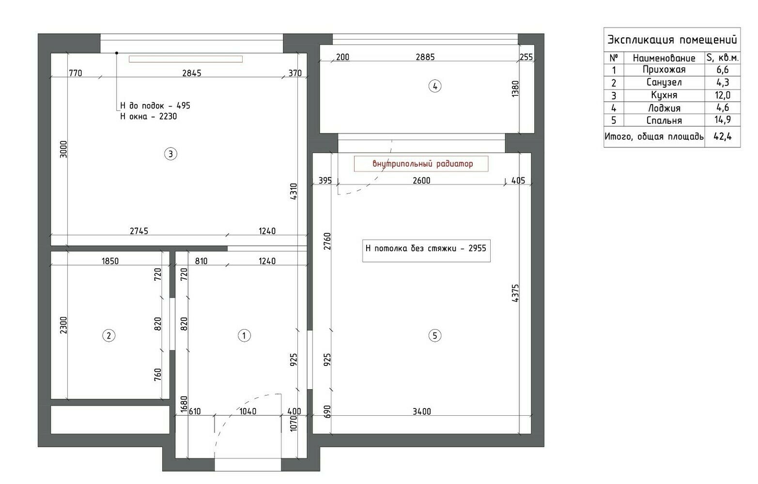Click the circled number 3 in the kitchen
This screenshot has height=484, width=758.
pyautogui.click(x=170, y=154)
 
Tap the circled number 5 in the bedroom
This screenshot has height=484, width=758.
pyautogui.click(x=435, y=336)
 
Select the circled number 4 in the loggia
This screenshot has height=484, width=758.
pyautogui.click(x=435, y=86)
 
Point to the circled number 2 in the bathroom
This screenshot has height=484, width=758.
pyautogui.click(x=108, y=336)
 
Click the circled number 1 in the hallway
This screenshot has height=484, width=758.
pyautogui.click(x=244, y=336)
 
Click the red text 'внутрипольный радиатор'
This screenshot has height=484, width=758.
pyautogui.click(x=423, y=164)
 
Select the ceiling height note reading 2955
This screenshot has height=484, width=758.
pyautogui.click(x=426, y=249)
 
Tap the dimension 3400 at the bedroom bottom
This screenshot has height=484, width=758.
pyautogui.click(x=422, y=411)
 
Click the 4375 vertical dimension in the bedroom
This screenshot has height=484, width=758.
pyautogui.click(x=515, y=293)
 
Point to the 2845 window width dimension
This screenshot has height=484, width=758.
pyautogui.click(x=191, y=73)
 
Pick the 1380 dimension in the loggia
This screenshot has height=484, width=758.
pyautogui.click(x=515, y=89)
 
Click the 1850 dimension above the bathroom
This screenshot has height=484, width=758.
pyautogui.click(x=110, y=261)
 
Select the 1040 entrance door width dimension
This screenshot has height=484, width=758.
pyautogui.click(x=248, y=411)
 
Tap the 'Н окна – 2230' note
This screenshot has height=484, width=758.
pyautogui.click(x=149, y=117)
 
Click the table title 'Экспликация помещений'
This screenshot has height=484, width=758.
pyautogui.click(x=672, y=40)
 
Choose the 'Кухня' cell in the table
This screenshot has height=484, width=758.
pyautogui.click(x=664, y=95)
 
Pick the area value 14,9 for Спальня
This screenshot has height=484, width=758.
pyautogui.click(x=723, y=120)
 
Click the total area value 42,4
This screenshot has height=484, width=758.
pyautogui.click(x=723, y=136)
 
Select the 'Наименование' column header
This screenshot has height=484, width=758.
pyautogui.click(x=664, y=58)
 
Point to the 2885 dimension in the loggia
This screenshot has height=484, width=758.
pyautogui.click(x=425, y=57)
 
